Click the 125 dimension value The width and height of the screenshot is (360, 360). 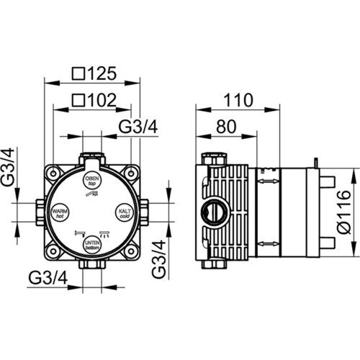click(x=102, y=73)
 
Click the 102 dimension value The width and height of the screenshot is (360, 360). click(x=102, y=100)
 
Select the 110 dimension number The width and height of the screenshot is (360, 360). click(x=238, y=100)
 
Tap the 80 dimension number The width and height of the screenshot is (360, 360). click(x=226, y=127)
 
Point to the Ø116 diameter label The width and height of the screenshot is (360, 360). click(x=344, y=212)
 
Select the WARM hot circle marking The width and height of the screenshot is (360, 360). click(x=60, y=212)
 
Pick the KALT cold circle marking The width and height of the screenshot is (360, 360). click(x=125, y=212)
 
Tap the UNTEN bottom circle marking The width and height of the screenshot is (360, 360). click(x=92, y=245)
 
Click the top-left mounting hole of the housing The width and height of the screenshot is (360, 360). click(x=53, y=174)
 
